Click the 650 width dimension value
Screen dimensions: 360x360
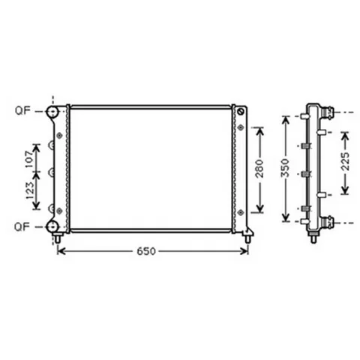click(x=146, y=251)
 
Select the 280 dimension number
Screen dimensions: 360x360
click(x=259, y=169)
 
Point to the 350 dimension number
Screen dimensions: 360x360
click(x=285, y=168)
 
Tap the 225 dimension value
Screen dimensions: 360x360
click(x=345, y=161)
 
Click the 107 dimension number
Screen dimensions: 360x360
click(x=29, y=159)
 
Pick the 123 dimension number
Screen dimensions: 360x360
click(x=30, y=190)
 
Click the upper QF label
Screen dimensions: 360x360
click(x=22, y=110)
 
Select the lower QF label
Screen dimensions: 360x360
click(x=22, y=226)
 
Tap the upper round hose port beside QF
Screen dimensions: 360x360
click(x=52, y=112)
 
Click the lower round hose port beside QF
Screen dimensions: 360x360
click(x=52, y=226)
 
